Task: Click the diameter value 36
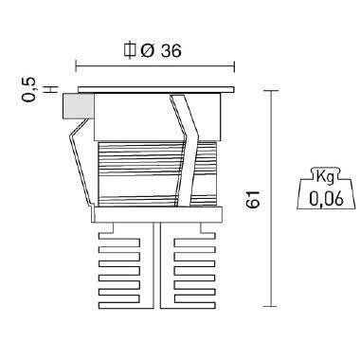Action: [x=171, y=51]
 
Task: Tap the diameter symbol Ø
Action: [x=147, y=51]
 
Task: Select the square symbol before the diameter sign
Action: [x=130, y=50]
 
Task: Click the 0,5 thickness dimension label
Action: [x=28, y=89]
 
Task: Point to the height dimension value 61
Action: [x=253, y=199]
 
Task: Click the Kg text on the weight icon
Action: [x=325, y=177]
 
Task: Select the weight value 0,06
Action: [x=326, y=199]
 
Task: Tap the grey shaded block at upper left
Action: [x=79, y=106]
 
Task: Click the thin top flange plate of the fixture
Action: [x=156, y=89]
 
